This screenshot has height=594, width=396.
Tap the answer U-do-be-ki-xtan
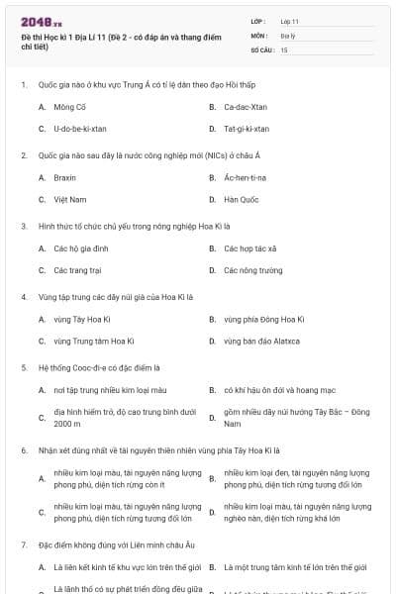(x=80, y=129)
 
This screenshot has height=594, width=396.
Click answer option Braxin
(x=65, y=177)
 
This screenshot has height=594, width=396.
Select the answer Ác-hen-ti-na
(x=247, y=177)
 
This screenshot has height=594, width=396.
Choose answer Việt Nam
(x=70, y=199)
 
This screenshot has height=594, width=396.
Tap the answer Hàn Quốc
(x=241, y=199)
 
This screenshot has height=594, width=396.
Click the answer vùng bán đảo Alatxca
(x=261, y=341)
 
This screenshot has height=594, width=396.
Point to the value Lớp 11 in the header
(x=290, y=20)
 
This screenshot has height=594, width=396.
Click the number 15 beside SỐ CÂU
(x=284, y=49)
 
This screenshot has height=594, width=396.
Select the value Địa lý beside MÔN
(x=288, y=35)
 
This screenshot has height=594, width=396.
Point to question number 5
(x=23, y=367)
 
